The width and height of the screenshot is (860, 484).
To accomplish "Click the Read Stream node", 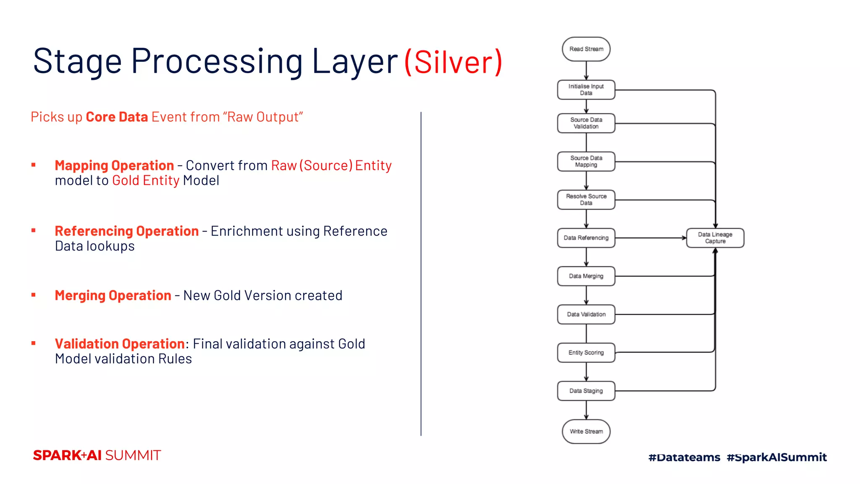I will [x=586, y=49].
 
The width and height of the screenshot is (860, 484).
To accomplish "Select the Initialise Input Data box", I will [x=586, y=89].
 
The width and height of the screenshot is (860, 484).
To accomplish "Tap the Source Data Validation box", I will [x=586, y=123].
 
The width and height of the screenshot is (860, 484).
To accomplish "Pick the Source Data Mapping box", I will [x=586, y=161].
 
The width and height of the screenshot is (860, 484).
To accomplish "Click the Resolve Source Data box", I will [x=586, y=200].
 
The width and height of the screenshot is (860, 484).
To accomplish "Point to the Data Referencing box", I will [x=586, y=238].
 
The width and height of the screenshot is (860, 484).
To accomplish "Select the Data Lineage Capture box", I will [x=715, y=238].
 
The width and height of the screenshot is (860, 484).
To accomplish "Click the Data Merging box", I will [x=586, y=276].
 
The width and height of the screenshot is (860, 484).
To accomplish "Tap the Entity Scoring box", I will [x=586, y=352].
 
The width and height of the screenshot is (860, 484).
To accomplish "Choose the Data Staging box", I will [x=586, y=391].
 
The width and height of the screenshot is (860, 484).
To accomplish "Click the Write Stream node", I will [x=586, y=431].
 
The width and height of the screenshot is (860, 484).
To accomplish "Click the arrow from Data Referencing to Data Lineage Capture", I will [x=651, y=238].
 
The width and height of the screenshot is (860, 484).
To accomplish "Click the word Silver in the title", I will [x=454, y=62].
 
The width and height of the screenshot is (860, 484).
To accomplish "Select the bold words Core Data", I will [x=117, y=117].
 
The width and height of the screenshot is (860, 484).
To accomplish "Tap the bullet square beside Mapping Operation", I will [x=34, y=165].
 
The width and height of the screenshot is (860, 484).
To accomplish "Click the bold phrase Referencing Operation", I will [x=126, y=231].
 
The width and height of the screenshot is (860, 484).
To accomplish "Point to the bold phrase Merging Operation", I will [x=113, y=295].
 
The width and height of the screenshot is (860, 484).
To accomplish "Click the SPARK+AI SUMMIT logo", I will [x=97, y=455].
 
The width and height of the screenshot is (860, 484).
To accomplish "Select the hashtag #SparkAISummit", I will [x=776, y=457].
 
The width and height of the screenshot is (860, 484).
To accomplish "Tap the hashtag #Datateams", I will [x=684, y=457].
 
